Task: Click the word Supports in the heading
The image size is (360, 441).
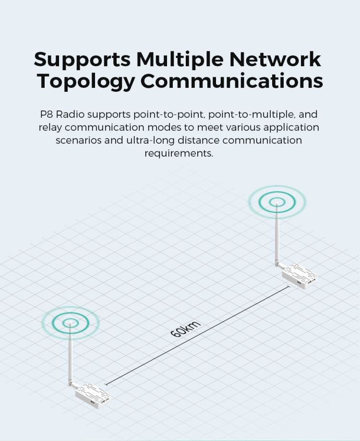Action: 82,60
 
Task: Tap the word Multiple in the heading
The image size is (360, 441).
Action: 180,60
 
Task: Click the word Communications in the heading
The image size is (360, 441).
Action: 232,81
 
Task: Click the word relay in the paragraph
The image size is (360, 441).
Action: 50,128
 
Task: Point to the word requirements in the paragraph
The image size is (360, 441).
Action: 179,153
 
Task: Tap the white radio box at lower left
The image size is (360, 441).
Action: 93,392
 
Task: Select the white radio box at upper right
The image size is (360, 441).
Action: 299,276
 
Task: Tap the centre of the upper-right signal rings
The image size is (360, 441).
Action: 277,202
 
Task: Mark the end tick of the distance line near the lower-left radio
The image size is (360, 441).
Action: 106,384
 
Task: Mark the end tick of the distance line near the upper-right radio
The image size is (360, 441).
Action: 289,287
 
